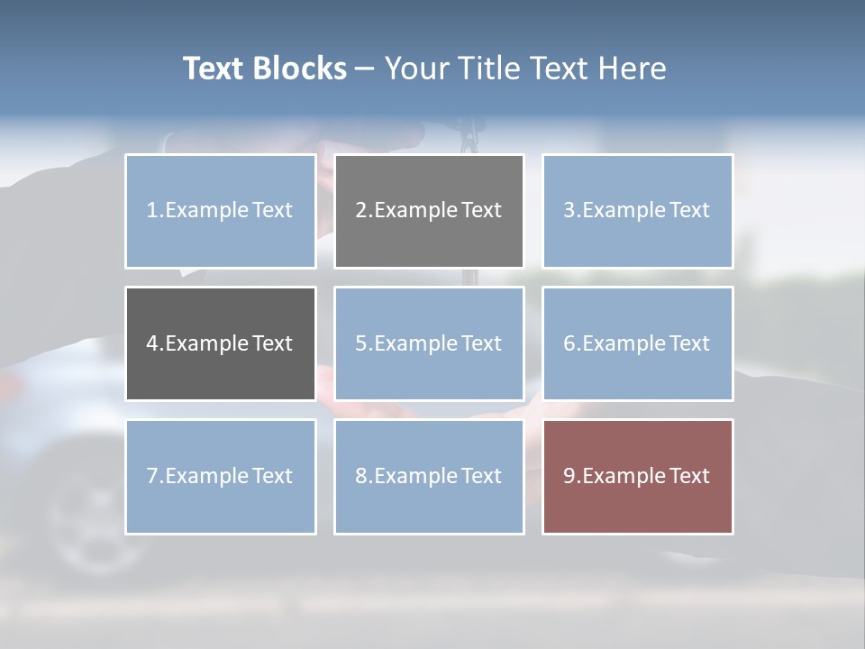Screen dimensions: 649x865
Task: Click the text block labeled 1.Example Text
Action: click(220, 211)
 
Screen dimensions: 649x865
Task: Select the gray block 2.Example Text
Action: click(429, 211)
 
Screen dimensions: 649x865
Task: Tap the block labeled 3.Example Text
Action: click(637, 211)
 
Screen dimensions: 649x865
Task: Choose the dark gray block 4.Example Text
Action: click(220, 343)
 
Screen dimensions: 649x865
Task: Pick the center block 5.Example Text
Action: click(429, 343)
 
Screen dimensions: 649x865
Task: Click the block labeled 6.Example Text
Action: click(637, 343)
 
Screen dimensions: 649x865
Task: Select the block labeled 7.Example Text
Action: click(220, 476)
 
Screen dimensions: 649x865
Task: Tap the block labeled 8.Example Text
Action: click(429, 476)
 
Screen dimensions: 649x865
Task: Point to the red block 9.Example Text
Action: click(637, 476)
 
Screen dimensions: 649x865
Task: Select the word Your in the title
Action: click(416, 69)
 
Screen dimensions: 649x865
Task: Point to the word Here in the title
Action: click(633, 69)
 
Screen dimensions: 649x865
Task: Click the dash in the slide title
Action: click(365, 69)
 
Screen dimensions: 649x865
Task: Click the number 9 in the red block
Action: click(569, 476)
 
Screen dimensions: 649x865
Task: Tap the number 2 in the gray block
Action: click(360, 211)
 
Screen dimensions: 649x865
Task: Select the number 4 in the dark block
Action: click(152, 343)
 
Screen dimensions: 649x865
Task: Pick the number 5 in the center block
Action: click(360, 343)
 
